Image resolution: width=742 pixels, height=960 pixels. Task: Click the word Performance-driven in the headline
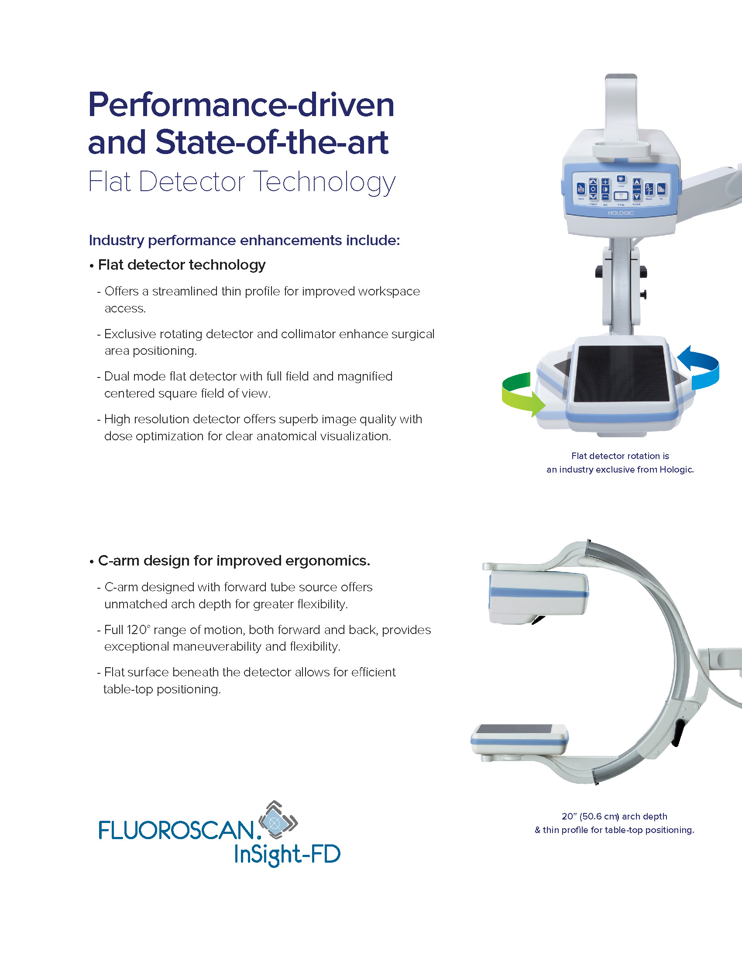tap(241, 105)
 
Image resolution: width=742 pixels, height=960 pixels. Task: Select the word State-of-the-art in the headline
tap(271, 142)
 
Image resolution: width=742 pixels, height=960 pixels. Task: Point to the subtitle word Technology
tap(324, 182)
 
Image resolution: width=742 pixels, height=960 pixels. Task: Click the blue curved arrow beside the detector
tap(701, 367)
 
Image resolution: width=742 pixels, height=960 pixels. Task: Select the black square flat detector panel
tap(621, 373)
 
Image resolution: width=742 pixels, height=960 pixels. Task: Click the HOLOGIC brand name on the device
tap(621, 213)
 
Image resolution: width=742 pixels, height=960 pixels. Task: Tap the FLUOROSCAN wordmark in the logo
tap(176, 830)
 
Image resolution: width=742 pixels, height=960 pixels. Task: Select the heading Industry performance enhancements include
tap(244, 240)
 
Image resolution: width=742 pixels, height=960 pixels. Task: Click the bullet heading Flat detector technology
tap(182, 265)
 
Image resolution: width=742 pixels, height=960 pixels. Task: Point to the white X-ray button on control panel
tap(621, 196)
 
